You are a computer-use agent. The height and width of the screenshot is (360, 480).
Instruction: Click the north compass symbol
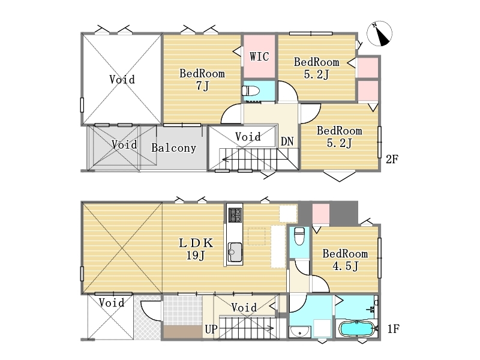click(380, 34)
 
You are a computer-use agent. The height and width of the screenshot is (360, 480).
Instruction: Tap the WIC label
click(259, 56)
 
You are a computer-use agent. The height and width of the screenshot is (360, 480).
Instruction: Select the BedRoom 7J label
click(202, 80)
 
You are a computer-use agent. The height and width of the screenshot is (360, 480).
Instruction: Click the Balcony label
click(173, 148)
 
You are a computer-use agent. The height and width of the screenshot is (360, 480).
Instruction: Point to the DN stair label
click(287, 142)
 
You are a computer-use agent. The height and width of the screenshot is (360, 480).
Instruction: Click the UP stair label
click(211, 329)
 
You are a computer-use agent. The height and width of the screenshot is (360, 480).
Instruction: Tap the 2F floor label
click(392, 160)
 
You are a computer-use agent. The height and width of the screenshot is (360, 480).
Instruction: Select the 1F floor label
click(394, 329)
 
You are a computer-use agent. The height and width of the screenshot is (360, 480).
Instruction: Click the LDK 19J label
click(196, 249)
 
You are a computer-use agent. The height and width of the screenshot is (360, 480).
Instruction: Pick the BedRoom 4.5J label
click(345, 260)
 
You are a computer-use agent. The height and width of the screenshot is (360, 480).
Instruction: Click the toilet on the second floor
click(251, 91)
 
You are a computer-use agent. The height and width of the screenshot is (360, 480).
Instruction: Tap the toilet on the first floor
click(299, 236)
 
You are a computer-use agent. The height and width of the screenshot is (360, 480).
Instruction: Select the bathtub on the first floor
click(357, 329)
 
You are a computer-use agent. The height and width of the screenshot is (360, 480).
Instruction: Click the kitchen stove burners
click(235, 215)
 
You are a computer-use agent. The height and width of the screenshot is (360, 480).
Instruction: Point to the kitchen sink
click(235, 252)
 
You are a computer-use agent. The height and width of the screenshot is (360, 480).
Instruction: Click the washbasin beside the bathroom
click(300, 332)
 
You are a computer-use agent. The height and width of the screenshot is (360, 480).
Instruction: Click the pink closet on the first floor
click(321, 215)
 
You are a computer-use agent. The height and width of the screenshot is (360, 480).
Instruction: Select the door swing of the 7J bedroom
click(232, 113)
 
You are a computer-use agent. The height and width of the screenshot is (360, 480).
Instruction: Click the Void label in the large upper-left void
click(122, 80)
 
